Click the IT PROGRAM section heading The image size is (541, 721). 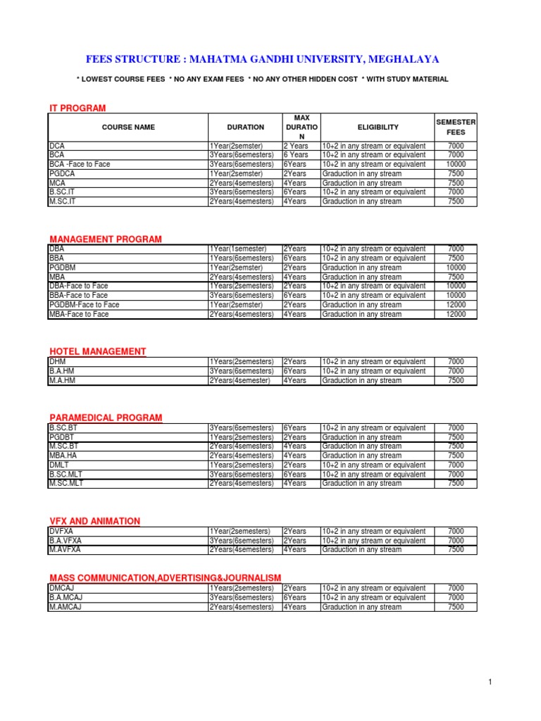click(x=77, y=108)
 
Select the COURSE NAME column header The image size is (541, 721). click(x=128, y=127)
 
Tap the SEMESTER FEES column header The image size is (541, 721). click(x=456, y=127)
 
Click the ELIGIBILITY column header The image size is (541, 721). click(x=378, y=127)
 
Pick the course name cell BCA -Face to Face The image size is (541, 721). click(x=80, y=164)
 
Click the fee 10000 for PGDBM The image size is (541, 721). click(x=456, y=268)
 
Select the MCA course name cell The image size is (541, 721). click(x=57, y=183)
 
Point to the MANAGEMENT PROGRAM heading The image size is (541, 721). click(x=106, y=239)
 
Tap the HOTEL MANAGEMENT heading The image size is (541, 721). click(x=98, y=351)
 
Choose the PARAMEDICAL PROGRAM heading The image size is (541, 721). click(x=106, y=418)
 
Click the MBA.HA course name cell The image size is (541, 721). click(x=63, y=456)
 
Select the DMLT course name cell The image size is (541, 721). click(x=59, y=465)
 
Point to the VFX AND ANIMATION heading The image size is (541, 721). click(x=95, y=521)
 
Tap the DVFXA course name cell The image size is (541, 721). click(x=62, y=531)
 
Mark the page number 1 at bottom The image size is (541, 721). click(x=490, y=682)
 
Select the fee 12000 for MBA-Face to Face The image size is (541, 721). click(x=456, y=315)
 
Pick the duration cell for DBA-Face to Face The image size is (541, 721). click(x=241, y=287)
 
